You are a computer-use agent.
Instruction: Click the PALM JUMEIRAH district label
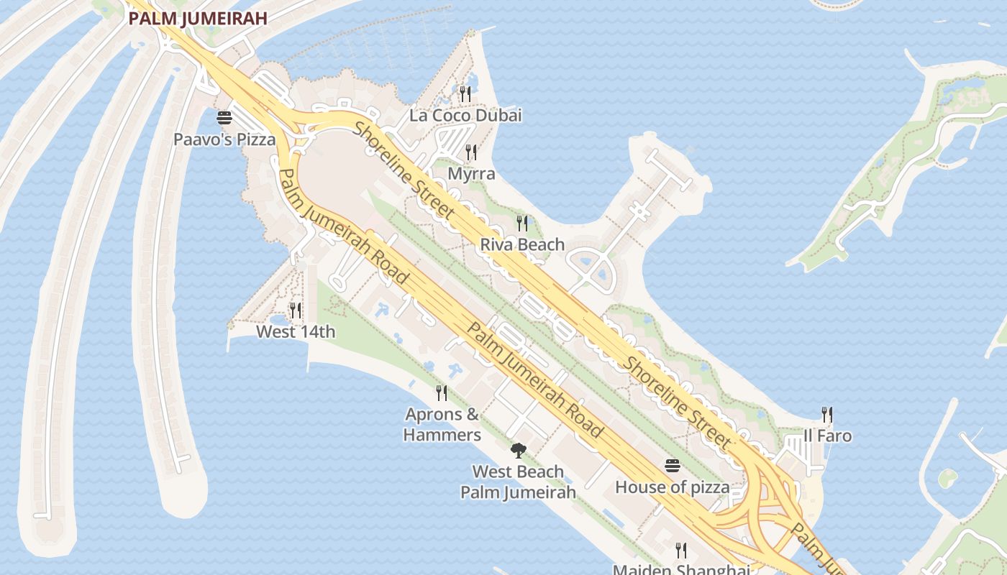tap(198, 19)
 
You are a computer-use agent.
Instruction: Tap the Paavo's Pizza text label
tap(224, 139)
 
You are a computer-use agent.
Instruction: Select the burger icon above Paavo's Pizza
tap(224, 117)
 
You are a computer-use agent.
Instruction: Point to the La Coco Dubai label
tap(465, 115)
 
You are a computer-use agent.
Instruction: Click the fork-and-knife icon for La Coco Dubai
tap(465, 93)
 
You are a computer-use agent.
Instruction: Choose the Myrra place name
tap(471, 174)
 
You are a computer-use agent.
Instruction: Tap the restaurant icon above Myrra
tap(471, 152)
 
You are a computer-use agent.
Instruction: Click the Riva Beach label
tap(522, 244)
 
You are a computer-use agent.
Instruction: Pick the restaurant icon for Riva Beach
tap(522, 223)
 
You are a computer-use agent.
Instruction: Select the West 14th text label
tap(296, 332)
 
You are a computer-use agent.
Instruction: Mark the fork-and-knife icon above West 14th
tap(296, 310)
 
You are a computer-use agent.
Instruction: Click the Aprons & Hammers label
tap(442, 425)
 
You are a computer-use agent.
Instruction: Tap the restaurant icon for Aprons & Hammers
tap(442, 392)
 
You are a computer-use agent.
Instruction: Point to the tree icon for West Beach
tap(518, 451)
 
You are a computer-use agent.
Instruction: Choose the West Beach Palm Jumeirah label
tap(518, 482)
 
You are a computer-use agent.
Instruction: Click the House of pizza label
tap(672, 487)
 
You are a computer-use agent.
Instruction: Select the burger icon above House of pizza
tap(672, 465)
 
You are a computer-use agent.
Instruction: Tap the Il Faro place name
tap(827, 436)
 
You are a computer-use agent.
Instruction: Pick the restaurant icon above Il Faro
tap(827, 414)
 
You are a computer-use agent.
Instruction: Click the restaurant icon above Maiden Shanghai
tap(680, 551)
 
